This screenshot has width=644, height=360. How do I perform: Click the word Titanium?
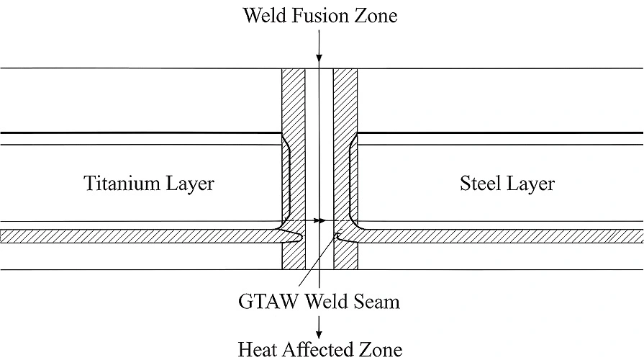coord(118,184)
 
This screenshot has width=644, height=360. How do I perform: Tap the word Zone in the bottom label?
coord(381,349)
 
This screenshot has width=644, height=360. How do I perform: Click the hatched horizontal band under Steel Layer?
coord(504,236)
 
